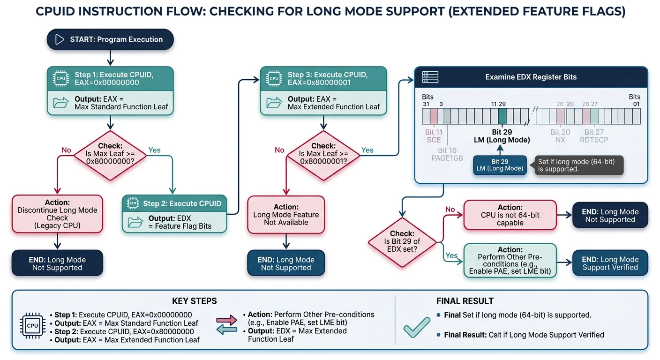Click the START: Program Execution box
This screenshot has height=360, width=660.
(x=110, y=39)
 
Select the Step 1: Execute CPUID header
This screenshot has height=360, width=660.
(x=110, y=78)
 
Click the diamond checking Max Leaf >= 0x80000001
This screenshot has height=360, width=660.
(x=323, y=153)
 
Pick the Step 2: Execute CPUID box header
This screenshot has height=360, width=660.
(x=174, y=203)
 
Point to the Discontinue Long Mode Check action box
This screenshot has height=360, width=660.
(x=57, y=214)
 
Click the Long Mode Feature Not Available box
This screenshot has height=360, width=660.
(x=286, y=215)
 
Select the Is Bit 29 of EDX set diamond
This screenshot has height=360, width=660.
(x=402, y=241)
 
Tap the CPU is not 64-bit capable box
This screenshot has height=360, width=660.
(x=510, y=215)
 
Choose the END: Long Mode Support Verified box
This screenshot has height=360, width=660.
(x=610, y=263)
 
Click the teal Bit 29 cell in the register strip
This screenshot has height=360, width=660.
(x=502, y=116)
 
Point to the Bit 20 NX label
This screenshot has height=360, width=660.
(x=560, y=136)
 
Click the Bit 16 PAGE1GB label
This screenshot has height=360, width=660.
(x=447, y=154)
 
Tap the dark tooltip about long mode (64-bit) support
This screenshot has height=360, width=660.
(x=579, y=165)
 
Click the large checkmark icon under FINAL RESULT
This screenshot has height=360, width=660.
(x=417, y=327)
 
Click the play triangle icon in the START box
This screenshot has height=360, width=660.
(x=60, y=39)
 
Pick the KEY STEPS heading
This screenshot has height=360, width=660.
(x=195, y=301)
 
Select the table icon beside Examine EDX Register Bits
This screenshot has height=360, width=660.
(x=430, y=77)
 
